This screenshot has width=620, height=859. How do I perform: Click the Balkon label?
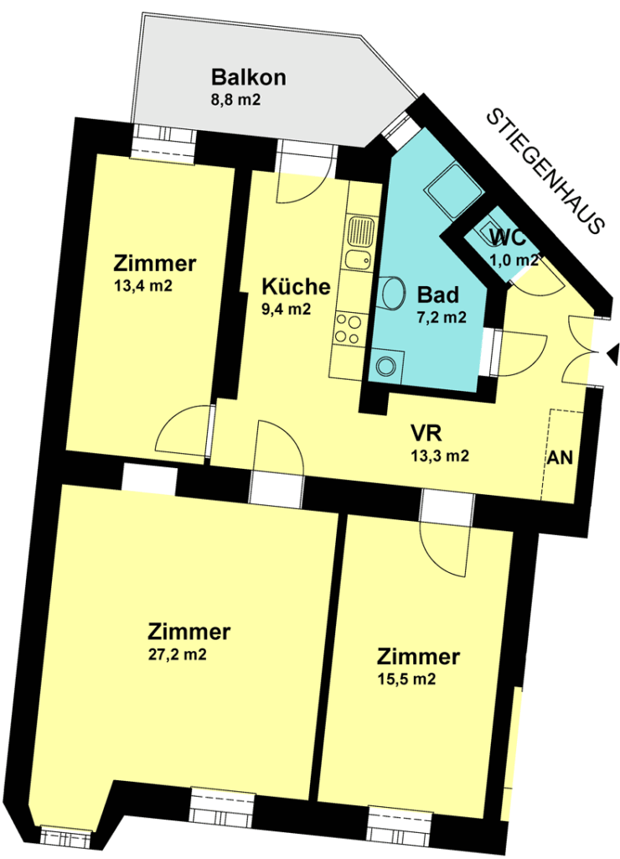[249, 77]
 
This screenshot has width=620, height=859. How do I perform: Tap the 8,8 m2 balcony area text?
[236, 101]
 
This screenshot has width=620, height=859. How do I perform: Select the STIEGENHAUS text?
[545, 171]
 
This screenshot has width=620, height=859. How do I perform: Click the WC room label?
[508, 238]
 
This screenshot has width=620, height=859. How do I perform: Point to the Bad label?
[438, 294]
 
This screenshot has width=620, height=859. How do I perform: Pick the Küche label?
[296, 286]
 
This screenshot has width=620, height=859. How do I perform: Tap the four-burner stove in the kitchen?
[349, 328]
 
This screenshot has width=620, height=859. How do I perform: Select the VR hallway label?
[426, 434]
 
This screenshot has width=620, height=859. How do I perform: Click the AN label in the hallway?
[561, 457]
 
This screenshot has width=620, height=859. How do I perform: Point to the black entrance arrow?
[612, 353]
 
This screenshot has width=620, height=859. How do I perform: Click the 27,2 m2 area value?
[178, 654]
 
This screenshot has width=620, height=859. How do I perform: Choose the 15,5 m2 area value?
[406, 679]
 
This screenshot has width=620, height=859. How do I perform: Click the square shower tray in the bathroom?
[453, 190]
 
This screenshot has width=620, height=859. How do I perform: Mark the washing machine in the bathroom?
[386, 366]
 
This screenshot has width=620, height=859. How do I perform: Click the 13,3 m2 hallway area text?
[440, 456]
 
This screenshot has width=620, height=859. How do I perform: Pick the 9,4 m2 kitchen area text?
[287, 309]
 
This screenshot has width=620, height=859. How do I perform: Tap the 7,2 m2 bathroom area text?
[442, 317]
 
